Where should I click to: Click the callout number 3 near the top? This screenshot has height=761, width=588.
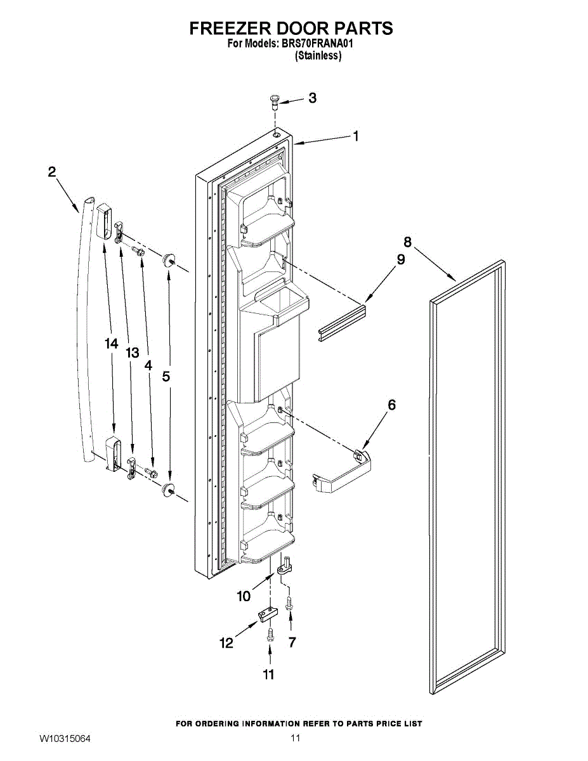[x=313, y=98]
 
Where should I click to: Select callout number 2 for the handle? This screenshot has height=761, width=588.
[x=52, y=171]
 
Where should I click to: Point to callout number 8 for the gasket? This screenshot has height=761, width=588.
[x=407, y=242]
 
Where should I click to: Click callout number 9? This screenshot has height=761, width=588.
[x=401, y=259]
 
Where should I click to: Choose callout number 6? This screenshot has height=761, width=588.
[x=391, y=404]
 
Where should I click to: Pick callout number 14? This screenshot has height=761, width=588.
[x=112, y=343]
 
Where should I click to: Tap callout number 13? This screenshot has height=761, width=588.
[x=132, y=353]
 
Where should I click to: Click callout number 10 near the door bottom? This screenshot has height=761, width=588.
[x=244, y=596]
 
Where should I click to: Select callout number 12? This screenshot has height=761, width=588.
[x=226, y=643]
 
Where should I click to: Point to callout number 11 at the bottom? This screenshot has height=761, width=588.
[x=269, y=674]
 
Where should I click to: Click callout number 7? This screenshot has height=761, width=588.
[x=292, y=642]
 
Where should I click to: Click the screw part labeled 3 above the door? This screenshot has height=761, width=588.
[x=275, y=100]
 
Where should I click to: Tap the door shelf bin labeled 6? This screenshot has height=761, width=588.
[x=343, y=472]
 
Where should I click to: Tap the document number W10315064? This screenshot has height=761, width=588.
[x=65, y=739]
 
